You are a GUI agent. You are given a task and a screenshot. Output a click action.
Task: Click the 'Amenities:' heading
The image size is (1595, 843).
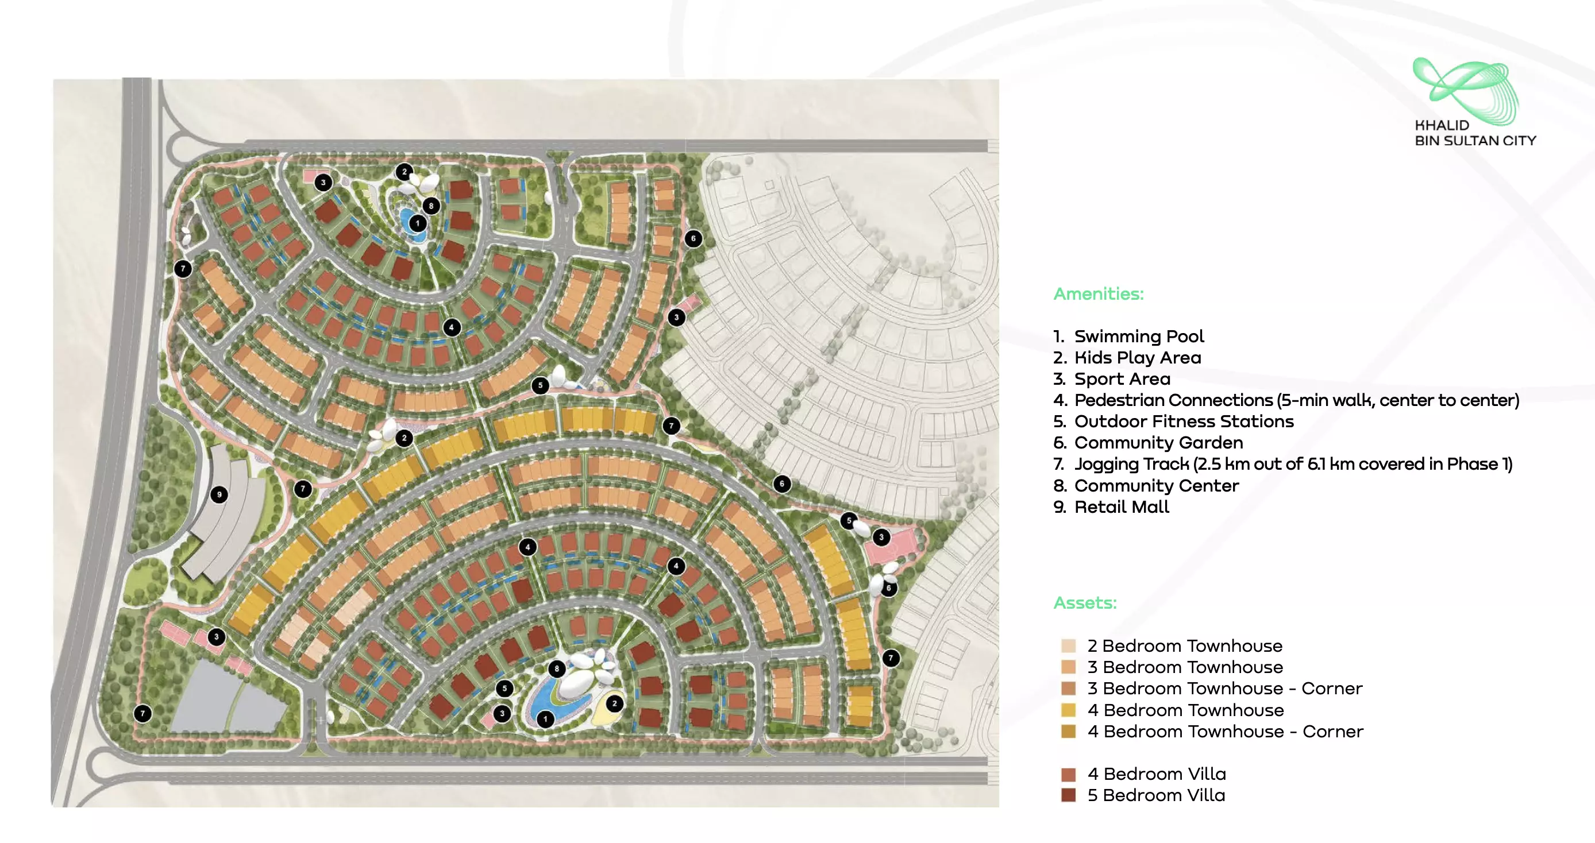pos(1099,293)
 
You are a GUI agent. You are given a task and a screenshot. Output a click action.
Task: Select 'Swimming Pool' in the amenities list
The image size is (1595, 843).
pos(1139,336)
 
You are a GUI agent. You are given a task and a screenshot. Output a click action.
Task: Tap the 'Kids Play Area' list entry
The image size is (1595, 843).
pos(1138,358)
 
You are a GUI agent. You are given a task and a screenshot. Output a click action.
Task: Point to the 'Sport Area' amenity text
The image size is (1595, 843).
pos(1122,379)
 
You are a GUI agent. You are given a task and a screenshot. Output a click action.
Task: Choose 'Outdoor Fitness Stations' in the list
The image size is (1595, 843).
pos(1183,421)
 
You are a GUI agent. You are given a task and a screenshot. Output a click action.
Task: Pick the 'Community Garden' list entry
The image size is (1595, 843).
pos(1158,443)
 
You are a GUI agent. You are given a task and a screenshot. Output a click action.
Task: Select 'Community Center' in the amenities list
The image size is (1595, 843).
pos(1156,486)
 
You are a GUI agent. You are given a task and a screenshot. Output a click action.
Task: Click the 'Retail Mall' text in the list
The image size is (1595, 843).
pos(1122,507)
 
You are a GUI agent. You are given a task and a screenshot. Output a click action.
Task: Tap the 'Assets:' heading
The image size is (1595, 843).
pos(1085,602)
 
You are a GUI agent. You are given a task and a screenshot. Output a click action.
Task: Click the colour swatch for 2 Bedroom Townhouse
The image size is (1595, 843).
pos(1068,646)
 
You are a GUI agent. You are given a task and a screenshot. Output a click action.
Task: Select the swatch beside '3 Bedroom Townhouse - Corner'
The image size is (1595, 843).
pos(1068,689)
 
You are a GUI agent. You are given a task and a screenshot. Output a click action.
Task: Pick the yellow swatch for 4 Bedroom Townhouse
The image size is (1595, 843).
pos(1068,710)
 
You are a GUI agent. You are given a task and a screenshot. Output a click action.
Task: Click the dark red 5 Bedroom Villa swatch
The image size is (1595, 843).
pos(1068,795)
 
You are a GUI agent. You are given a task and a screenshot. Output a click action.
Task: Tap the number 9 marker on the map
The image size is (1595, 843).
pos(219,494)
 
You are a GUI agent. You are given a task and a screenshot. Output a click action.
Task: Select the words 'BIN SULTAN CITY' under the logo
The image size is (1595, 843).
pos(1475,141)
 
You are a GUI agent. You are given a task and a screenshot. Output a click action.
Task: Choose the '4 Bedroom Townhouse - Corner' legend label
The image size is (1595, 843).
pos(1225,732)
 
